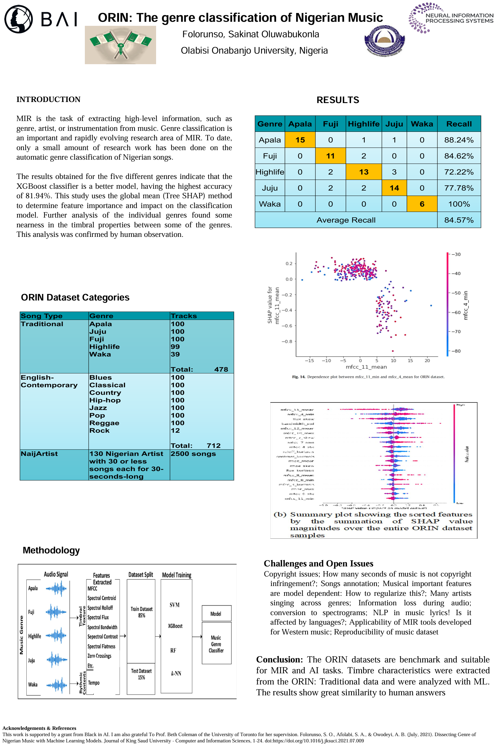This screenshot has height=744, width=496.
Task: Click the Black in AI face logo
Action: click(18, 19)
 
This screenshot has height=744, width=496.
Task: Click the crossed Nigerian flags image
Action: click(120, 45)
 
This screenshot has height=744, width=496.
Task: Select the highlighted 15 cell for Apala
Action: click(300, 140)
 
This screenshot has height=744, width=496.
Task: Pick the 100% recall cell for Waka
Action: click(459, 204)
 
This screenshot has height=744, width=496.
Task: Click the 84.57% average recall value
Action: click(459, 220)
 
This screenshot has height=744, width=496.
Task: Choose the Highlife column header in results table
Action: click(364, 124)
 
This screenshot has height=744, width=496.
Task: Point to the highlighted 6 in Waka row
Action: click(422, 204)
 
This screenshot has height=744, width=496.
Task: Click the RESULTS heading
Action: click(337, 100)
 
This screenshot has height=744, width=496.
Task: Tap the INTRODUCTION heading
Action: click(48, 100)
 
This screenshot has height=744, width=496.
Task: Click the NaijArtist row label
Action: click(39, 454)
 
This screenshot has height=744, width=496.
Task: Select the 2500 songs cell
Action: click(193, 454)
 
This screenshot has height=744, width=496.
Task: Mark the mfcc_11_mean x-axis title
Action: click(366, 367)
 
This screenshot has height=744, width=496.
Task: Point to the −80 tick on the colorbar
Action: click(456, 351)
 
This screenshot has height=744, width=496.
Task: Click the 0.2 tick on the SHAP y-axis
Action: click(289, 263)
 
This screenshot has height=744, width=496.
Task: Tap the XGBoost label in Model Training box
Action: click(175, 626)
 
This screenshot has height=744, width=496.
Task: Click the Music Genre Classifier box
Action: click(216, 644)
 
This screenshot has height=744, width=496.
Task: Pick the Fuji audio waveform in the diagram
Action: click(56, 612)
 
